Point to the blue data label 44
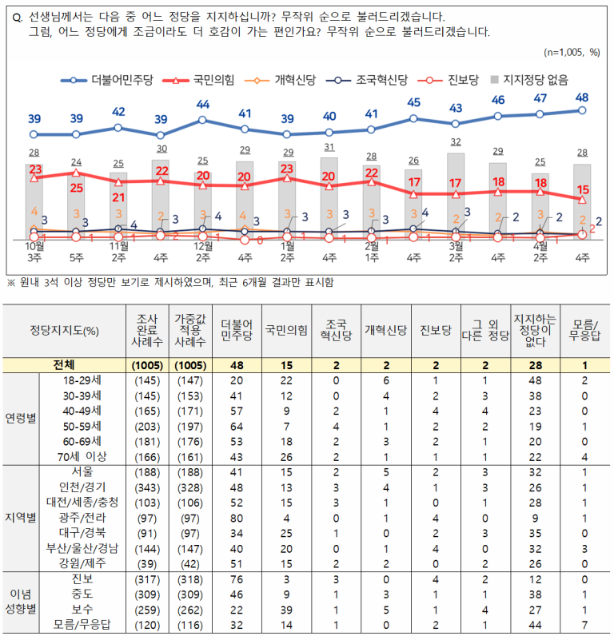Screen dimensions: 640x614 click(202, 105)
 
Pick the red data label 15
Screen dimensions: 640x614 click(584, 189)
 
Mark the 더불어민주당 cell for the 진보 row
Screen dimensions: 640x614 click(236, 579)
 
